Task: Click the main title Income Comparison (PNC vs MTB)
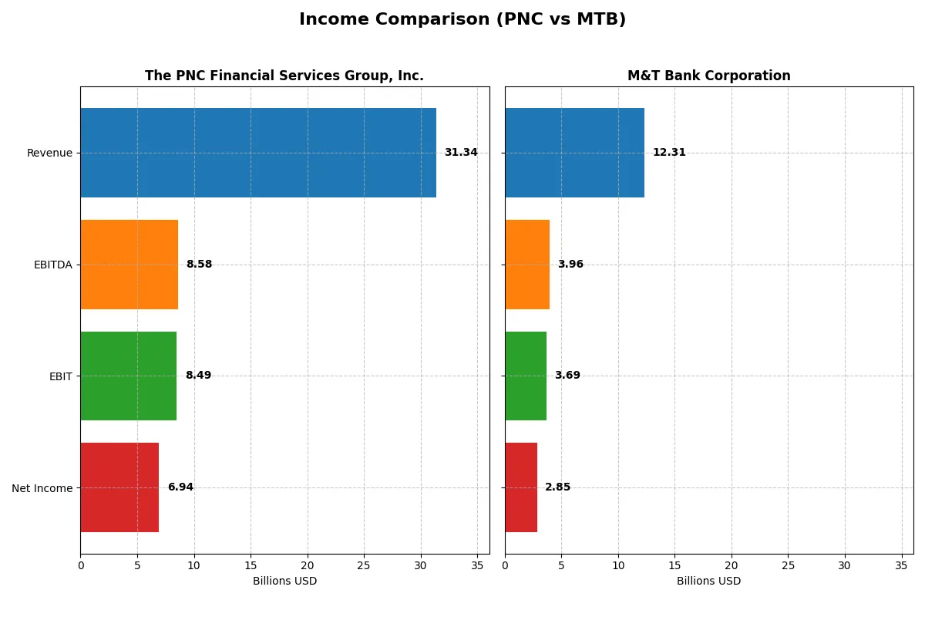[x=462, y=20]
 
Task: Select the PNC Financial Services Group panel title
[x=284, y=76]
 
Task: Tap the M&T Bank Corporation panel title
[x=708, y=76]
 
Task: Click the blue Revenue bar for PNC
[x=258, y=153]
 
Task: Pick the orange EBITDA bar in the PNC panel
[x=129, y=265]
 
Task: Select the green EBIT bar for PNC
[x=128, y=376]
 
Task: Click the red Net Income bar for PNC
[x=119, y=487]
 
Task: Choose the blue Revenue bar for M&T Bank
[x=574, y=153]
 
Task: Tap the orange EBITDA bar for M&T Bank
[x=527, y=265]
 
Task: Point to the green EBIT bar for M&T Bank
[x=526, y=376]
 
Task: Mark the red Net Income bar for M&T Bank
[x=521, y=487]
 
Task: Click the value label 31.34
[x=461, y=153]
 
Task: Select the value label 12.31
[x=669, y=153]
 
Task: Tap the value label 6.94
[x=180, y=487]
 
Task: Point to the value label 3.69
[x=567, y=376]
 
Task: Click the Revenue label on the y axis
[x=49, y=153]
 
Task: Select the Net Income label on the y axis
[x=42, y=488]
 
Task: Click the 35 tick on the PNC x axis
[x=477, y=565]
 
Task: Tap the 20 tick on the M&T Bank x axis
[x=732, y=565]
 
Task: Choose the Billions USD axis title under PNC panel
[x=284, y=581]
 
